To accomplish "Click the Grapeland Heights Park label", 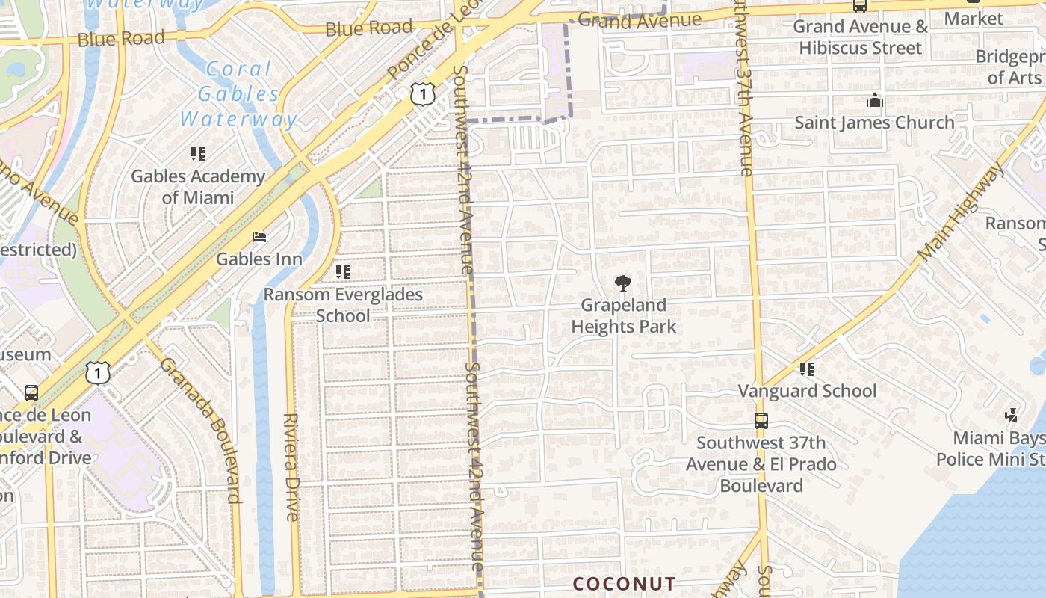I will point(624,315).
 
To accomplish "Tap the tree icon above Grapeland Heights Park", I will point(622,283).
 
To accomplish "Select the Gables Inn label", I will point(259,259).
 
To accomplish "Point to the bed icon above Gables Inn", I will point(259,237).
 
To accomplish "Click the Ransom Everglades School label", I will point(343,304).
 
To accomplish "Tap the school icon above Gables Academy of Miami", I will point(198,154).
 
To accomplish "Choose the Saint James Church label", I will point(874,122).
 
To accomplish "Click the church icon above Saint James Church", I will point(874,100).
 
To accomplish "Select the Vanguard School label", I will point(808,391).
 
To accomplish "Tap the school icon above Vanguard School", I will point(806,369).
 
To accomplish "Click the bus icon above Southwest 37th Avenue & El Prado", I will point(761,421).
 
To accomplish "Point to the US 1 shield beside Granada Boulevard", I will point(98,372).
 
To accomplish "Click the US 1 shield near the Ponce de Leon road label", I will point(422,94).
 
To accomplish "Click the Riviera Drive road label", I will point(291,467).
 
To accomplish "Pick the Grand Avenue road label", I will point(640,20).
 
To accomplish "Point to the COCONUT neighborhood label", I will point(624,584).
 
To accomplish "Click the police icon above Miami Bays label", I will point(1012,415).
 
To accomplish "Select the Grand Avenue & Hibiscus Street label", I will point(860,37).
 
